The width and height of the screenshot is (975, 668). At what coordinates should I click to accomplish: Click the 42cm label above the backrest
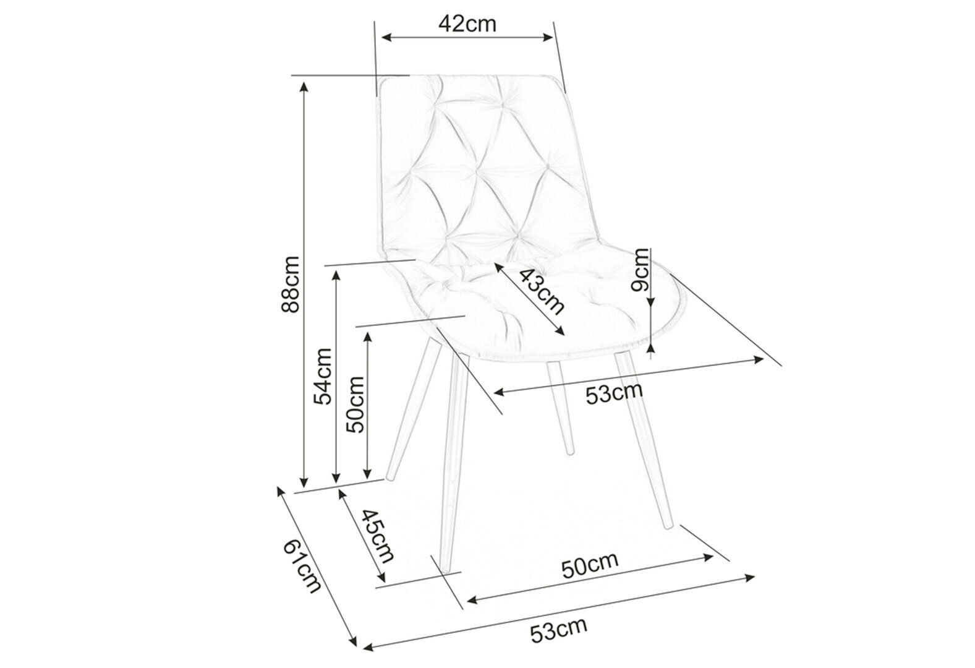tap(467, 24)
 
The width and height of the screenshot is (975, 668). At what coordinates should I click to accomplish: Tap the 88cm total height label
tap(291, 284)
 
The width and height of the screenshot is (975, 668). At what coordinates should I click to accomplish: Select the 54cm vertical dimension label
tap(323, 377)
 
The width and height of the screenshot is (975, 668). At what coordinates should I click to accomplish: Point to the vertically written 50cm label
tap(355, 404)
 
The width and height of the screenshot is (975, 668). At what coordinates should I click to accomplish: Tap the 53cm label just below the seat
tap(614, 394)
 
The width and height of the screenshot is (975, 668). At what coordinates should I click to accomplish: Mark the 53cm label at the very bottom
tap(558, 630)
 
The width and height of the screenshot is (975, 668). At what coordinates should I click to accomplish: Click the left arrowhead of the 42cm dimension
tap(386, 38)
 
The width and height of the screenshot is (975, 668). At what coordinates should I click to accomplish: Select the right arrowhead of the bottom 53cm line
tap(749, 578)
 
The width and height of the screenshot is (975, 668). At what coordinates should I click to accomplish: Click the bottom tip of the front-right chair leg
tap(668, 528)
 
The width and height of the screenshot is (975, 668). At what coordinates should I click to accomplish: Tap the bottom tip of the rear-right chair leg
tap(571, 453)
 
